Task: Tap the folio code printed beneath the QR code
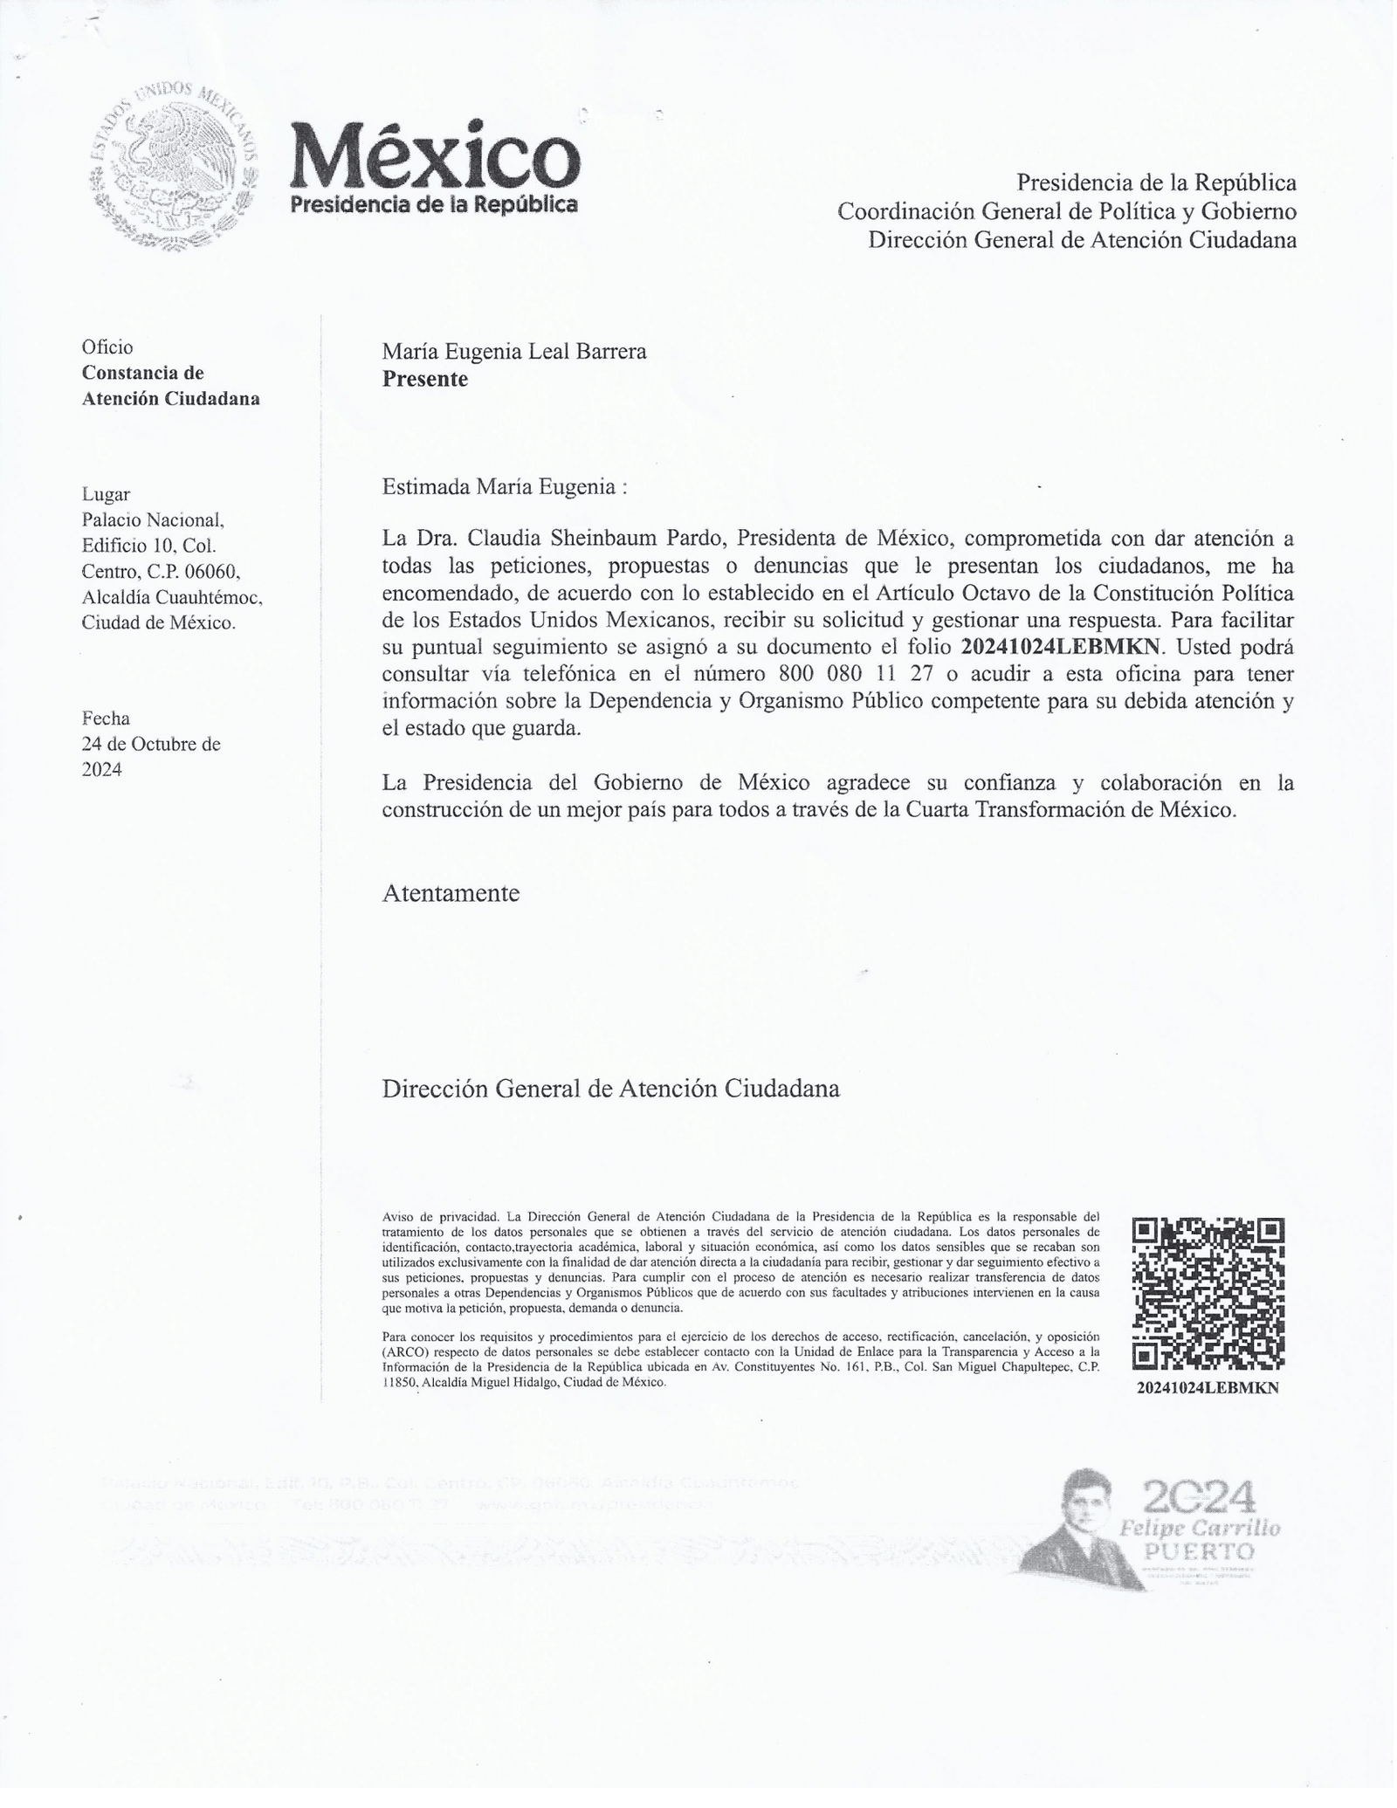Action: coord(1208,1389)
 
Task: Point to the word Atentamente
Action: coord(451,893)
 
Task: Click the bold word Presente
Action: coord(424,379)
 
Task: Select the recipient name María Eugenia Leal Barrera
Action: coord(514,351)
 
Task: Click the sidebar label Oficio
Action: coord(107,347)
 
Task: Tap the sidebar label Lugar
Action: coord(106,494)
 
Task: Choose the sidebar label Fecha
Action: coord(106,718)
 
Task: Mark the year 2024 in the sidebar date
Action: coord(101,769)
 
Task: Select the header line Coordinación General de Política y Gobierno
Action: coord(1066,211)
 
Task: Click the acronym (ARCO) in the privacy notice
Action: coord(405,1350)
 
